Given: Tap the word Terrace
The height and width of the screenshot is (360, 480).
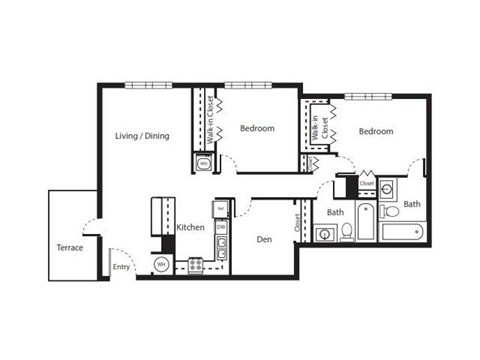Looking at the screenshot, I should click(69, 247).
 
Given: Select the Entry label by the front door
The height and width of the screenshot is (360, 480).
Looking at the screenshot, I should click(121, 267).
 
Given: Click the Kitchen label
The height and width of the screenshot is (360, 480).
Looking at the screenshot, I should click(190, 227).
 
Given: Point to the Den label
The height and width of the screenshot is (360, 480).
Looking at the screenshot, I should click(264, 239).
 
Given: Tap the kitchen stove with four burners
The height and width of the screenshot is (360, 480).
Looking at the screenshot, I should click(196, 266).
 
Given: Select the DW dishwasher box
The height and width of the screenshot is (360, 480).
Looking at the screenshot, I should click(221, 228).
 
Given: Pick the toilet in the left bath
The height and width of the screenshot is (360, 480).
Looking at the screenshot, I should click(346, 232).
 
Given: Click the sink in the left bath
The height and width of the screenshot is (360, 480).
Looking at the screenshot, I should click(324, 235).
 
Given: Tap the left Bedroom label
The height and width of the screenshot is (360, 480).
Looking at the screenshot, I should click(258, 127).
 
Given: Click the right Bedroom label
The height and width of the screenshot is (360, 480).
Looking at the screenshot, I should click(376, 131).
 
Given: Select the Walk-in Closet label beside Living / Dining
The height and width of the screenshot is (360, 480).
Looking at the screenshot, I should click(211, 121).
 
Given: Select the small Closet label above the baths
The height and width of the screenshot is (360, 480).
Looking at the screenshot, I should click(366, 184).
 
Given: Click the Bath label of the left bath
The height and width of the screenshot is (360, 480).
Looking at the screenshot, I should click(335, 213).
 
